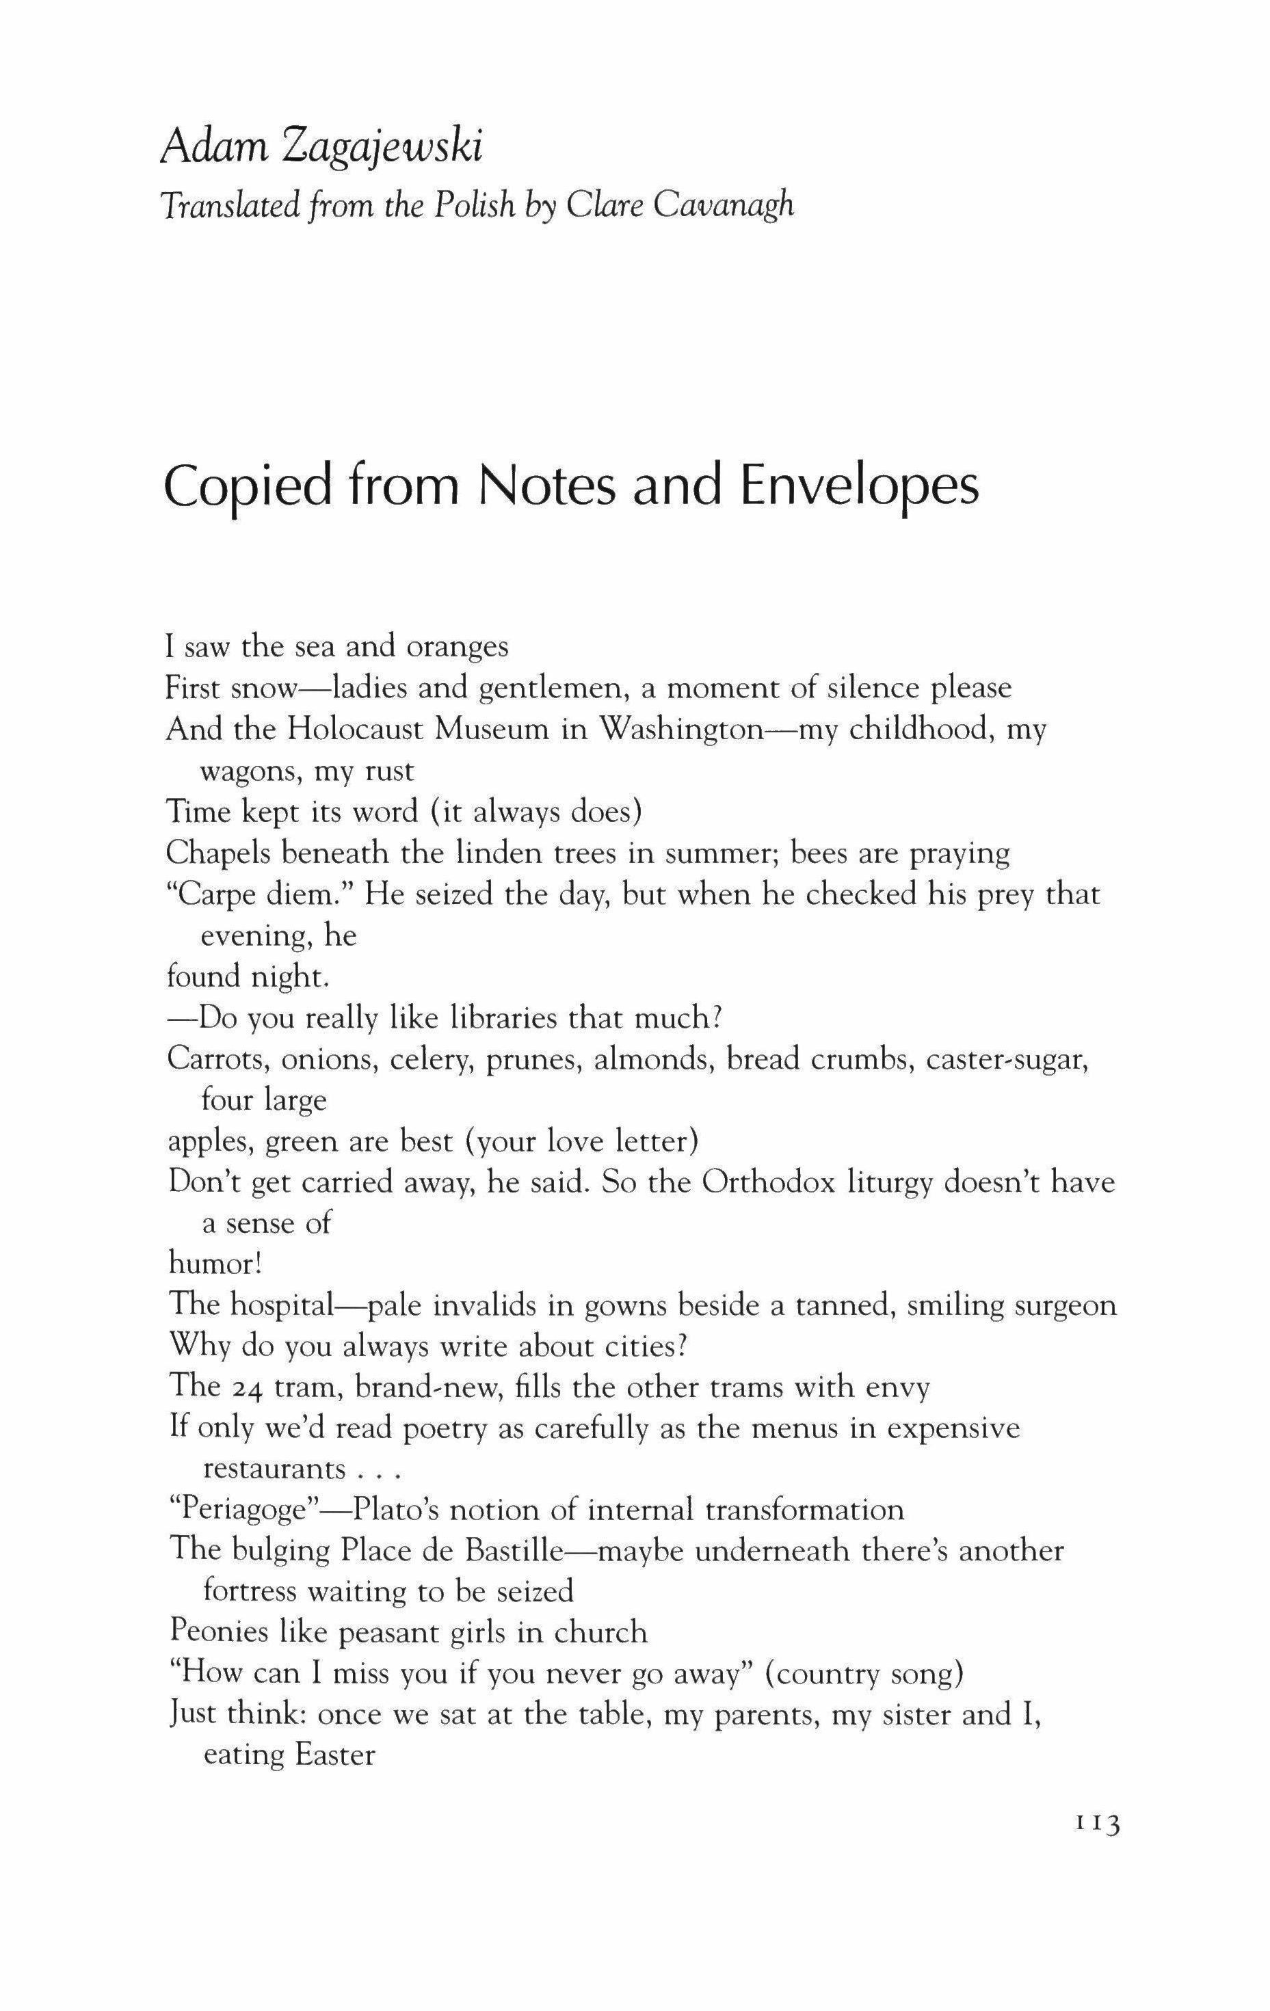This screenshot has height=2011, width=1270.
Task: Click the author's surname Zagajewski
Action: (x=384, y=148)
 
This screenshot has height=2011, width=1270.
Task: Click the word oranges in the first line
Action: (x=457, y=648)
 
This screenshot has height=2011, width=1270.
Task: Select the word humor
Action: (x=214, y=1264)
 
